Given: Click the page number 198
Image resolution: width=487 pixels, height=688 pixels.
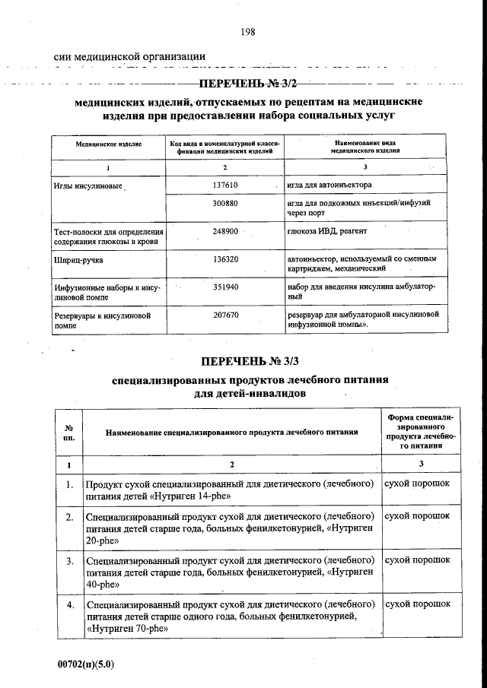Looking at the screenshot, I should pos(247,31).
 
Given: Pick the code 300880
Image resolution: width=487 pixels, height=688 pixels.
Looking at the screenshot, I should pos(225,204).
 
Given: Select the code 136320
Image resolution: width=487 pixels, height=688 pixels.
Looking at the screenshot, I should pos(225,259).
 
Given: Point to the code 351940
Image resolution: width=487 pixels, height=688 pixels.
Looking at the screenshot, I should pos(225,287).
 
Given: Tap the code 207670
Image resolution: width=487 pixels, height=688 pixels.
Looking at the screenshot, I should pos(225,314).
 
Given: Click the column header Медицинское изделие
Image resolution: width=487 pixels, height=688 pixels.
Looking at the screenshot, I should pos(108,144).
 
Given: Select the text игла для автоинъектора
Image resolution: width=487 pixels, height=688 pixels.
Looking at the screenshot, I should pos(329,185).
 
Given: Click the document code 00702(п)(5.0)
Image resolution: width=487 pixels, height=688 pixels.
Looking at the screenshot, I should pos(85,663).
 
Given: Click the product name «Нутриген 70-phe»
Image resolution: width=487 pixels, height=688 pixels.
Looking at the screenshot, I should pos(126,629).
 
